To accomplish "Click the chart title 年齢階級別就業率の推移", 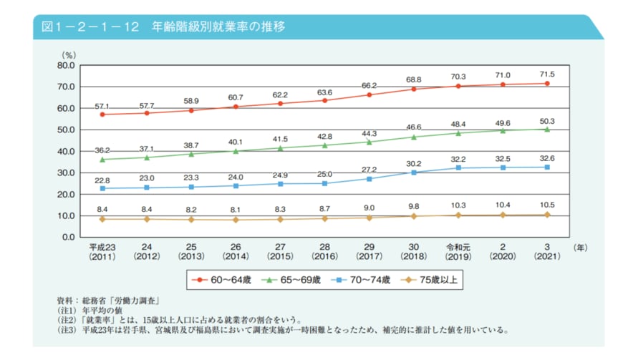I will pos(218,27).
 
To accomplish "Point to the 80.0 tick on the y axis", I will pos(67,65).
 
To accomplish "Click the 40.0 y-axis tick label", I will pos(67,151).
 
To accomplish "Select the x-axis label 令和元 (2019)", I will pos(458,250).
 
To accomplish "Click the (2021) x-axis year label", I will pos(547,256).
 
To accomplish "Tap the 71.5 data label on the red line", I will pos(547,74).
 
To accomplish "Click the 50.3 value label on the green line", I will pos(547,120).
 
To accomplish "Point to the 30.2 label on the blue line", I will pos(414,163).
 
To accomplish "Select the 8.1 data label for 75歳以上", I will pos(236,210).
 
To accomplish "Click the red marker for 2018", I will pos(414,89).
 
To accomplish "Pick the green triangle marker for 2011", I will pos(102,159).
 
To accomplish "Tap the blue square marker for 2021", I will pos(547,167).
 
